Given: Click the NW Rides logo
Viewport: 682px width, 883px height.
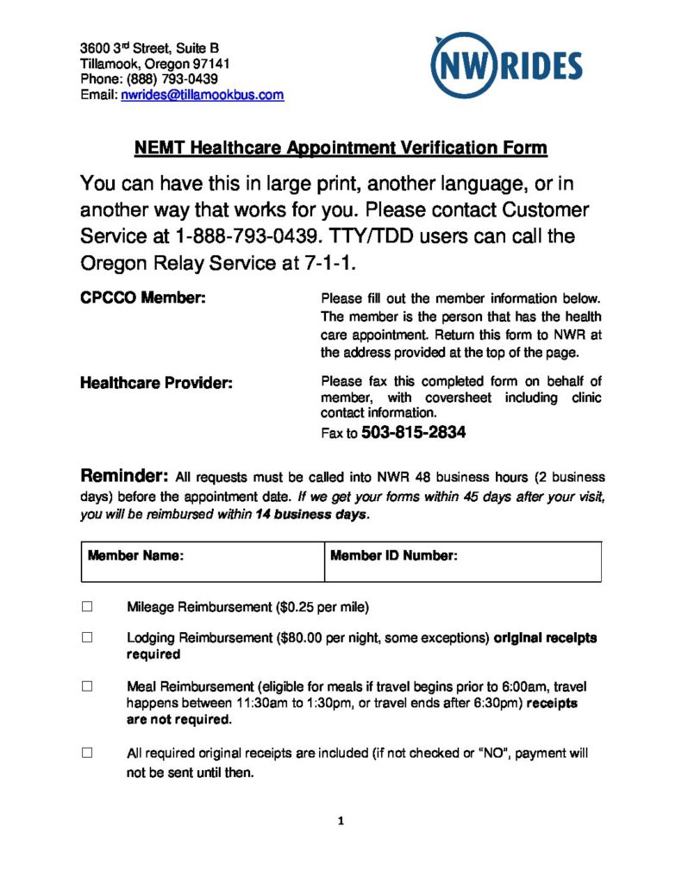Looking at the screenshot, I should (x=507, y=64).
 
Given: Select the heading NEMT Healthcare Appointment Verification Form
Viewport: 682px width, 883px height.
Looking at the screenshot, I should (x=341, y=147).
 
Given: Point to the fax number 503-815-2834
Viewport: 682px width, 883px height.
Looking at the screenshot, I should (x=414, y=433).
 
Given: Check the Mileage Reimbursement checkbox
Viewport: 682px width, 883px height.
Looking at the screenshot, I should (x=87, y=606).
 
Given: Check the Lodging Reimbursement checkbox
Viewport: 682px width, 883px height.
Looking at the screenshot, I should (x=87, y=638).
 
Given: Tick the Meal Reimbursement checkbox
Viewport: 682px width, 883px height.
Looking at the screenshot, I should (x=87, y=686).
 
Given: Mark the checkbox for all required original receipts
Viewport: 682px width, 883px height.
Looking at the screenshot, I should (x=87, y=753).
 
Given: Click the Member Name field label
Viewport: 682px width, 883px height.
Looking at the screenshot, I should (x=135, y=556).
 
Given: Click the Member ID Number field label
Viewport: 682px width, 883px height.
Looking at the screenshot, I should (x=393, y=556).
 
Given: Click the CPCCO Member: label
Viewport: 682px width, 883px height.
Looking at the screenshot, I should (x=143, y=299).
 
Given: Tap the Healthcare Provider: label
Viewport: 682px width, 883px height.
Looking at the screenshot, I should (x=156, y=383).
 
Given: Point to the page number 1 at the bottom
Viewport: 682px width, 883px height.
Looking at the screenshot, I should (x=341, y=821).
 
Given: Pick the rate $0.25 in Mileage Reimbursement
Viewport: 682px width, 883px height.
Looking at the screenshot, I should (x=296, y=607).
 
